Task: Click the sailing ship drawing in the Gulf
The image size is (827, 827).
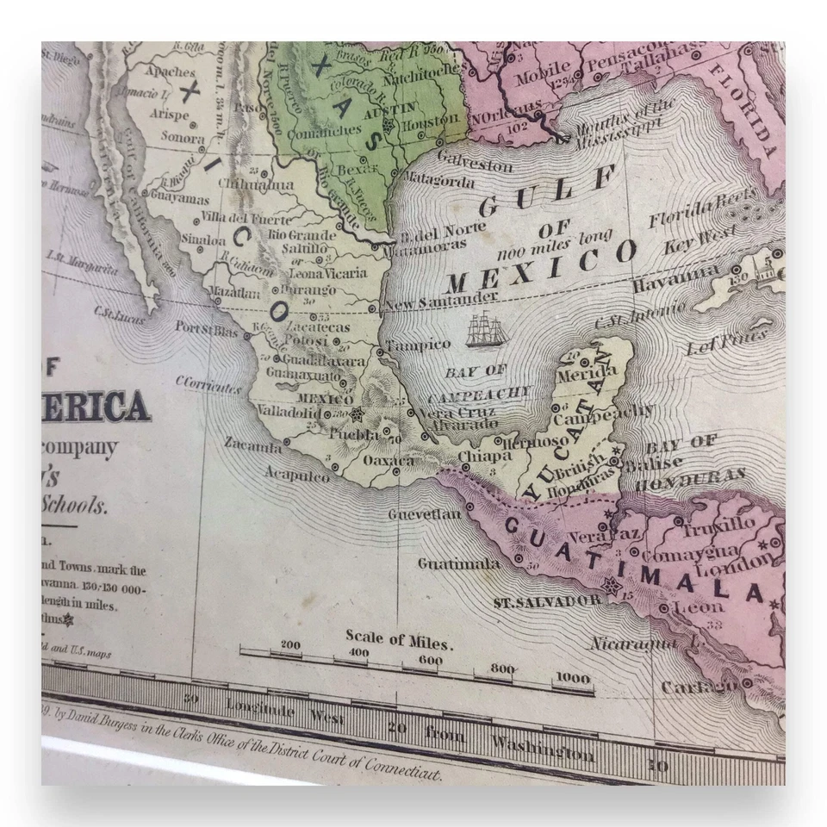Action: [484, 332]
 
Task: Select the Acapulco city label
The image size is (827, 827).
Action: [296, 474]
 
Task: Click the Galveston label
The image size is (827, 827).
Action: [475, 163]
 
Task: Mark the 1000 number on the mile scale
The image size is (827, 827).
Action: [573, 678]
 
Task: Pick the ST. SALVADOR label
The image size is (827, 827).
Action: [547, 600]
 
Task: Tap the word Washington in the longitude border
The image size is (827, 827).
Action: [542, 747]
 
